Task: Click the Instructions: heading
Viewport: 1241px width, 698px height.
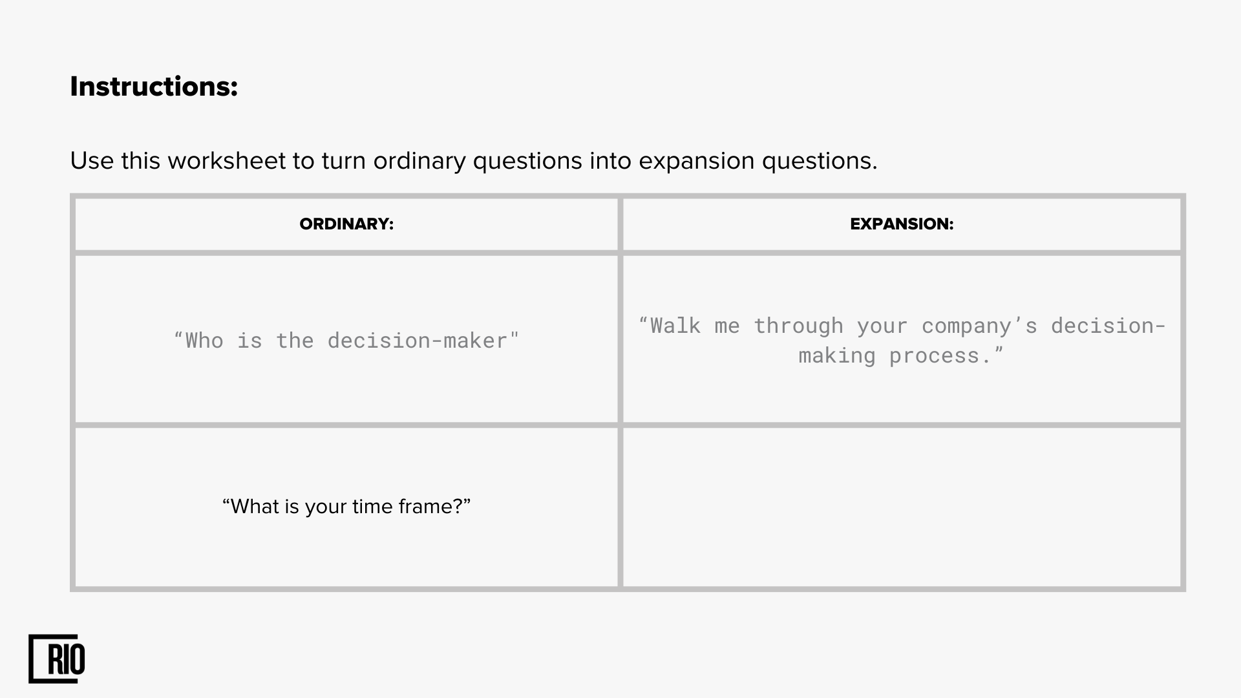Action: tap(154, 87)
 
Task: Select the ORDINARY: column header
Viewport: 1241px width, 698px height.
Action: tap(346, 224)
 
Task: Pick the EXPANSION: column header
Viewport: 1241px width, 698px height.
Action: tap(902, 224)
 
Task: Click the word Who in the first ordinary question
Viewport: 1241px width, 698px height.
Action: tap(204, 341)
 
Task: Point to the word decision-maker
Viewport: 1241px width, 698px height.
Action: tap(418, 341)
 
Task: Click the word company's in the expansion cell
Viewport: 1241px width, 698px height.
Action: tap(979, 326)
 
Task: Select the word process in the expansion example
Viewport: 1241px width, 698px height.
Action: tap(934, 356)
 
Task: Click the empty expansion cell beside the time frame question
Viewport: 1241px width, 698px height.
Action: tap(902, 507)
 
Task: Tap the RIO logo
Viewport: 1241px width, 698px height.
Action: tap(57, 659)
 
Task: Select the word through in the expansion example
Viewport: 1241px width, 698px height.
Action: tap(798, 326)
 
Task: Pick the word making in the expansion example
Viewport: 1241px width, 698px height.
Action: tap(837, 356)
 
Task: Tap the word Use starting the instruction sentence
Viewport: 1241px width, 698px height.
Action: tap(92, 160)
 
